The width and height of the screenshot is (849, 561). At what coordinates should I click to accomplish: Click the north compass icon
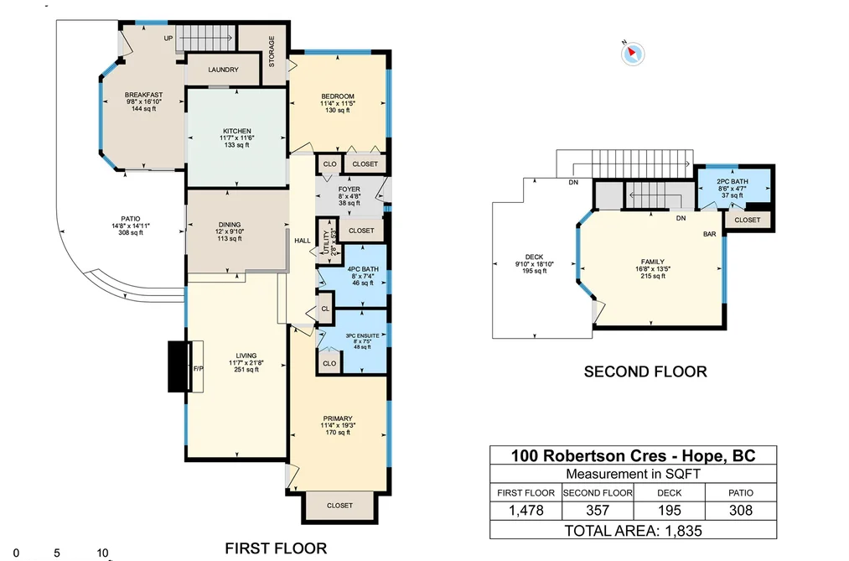633,54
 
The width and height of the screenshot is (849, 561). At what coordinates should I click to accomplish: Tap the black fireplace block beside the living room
178,366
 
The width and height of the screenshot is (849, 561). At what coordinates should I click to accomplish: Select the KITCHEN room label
237,131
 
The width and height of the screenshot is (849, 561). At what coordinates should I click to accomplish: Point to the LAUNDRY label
223,70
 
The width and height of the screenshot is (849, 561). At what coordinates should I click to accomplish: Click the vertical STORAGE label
272,51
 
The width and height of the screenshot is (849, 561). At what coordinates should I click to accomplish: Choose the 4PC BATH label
363,269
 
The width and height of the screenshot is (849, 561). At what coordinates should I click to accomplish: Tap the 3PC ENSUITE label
362,335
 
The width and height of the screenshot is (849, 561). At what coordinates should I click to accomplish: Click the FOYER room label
349,190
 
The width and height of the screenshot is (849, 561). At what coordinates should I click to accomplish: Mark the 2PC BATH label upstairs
732,182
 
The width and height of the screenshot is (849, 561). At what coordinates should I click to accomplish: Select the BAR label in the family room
709,234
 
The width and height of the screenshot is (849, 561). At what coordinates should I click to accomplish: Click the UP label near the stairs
168,39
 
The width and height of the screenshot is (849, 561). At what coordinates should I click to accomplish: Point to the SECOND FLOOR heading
645,371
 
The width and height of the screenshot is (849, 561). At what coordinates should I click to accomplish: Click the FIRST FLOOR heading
276,548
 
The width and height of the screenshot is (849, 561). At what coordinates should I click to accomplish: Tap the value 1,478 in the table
525,510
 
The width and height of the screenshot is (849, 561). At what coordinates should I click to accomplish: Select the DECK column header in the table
670,493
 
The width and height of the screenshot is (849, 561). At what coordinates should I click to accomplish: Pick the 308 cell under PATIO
741,510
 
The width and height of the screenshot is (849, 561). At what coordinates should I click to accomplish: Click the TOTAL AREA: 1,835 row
633,531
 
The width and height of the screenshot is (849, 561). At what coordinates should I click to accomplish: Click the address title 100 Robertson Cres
588,455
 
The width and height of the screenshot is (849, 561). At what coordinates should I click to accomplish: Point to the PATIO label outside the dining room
131,219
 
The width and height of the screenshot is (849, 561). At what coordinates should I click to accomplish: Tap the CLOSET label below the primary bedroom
339,505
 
